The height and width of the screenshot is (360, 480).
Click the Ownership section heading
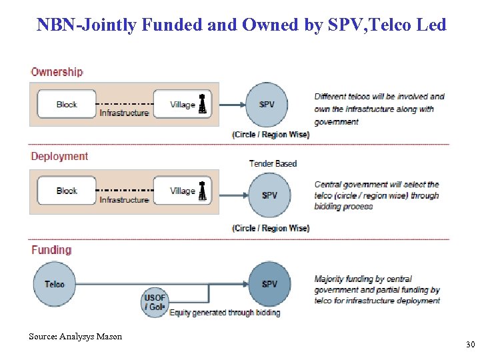(x=57, y=72)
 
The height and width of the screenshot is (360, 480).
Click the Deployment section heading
(x=59, y=157)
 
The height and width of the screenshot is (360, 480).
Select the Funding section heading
(x=51, y=250)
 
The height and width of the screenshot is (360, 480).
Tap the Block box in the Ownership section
(x=67, y=104)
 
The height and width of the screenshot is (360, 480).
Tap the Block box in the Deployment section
(x=67, y=191)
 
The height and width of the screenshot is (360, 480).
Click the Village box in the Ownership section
(x=182, y=104)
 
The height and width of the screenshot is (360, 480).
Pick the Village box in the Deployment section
(x=182, y=191)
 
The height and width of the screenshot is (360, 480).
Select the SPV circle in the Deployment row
(x=269, y=195)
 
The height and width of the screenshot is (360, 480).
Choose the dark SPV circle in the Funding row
(x=269, y=284)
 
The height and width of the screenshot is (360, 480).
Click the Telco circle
(x=55, y=284)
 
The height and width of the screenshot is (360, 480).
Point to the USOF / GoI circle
(x=155, y=303)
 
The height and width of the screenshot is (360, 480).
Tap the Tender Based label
(x=273, y=163)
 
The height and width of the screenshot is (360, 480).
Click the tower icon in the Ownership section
(x=203, y=103)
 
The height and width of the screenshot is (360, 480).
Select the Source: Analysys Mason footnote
(x=75, y=337)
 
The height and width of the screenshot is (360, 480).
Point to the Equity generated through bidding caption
(x=225, y=313)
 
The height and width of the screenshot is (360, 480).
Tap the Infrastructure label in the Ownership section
(x=124, y=113)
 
